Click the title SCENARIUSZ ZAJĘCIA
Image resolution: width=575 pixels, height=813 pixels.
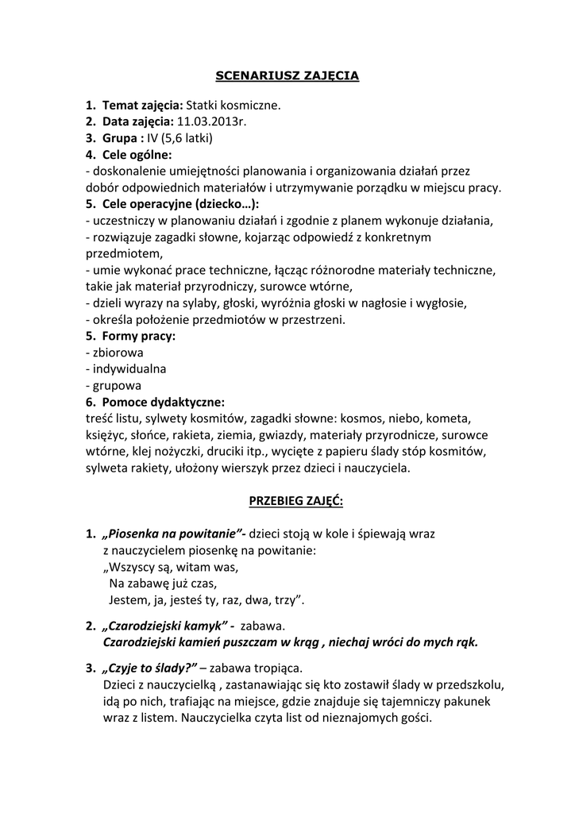(287, 76)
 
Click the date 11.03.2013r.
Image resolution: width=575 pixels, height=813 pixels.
(213, 121)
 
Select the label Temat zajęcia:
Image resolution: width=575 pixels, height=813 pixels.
(143, 105)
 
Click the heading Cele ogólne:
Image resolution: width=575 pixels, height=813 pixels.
(137, 155)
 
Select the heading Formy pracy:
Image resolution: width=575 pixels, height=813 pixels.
(139, 336)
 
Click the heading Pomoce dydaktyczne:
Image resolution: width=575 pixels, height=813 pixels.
(164, 402)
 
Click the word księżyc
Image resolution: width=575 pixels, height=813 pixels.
(106, 435)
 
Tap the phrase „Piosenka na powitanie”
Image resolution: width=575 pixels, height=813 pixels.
(174, 534)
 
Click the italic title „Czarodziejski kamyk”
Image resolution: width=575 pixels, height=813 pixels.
(166, 626)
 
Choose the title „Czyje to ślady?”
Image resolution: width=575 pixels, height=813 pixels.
(150, 668)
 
